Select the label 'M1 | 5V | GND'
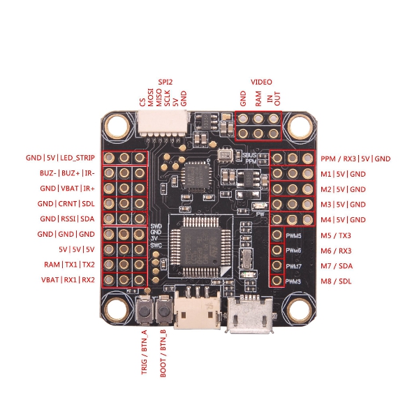point(343,174)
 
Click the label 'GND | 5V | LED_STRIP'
point(60,159)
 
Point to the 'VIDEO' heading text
point(261,82)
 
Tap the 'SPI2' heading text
point(166,82)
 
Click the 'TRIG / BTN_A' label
point(145,353)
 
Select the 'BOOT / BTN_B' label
point(163,353)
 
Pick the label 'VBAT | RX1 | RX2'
point(67,281)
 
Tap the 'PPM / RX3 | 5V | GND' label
point(355,159)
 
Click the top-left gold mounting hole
point(115,126)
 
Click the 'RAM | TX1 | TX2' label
point(68,265)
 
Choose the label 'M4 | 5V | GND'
point(343,220)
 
